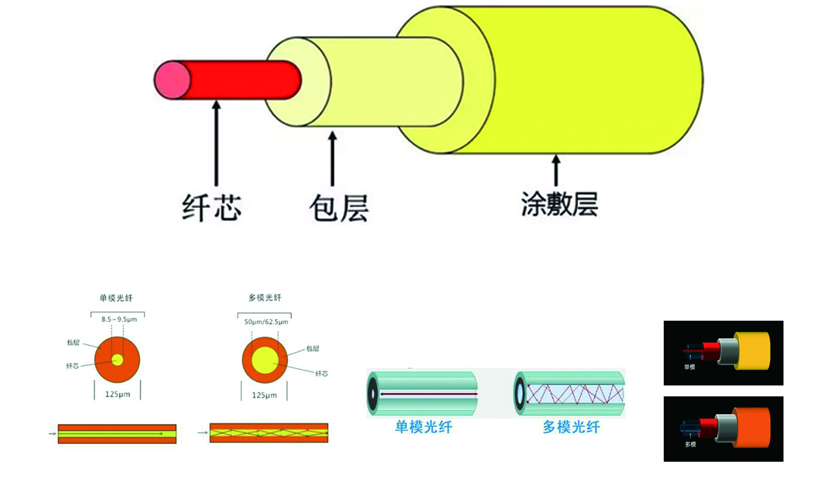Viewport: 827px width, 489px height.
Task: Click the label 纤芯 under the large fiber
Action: pyautogui.click(x=211, y=208)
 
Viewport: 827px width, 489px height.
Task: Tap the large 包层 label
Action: pyautogui.click(x=339, y=208)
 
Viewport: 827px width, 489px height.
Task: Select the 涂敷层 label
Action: pyautogui.click(x=560, y=204)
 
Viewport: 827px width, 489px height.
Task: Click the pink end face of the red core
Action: pyautogui.click(x=172, y=80)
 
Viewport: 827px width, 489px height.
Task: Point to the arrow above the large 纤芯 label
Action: pyautogui.click(x=216, y=143)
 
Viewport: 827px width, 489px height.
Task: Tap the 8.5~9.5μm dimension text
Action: pyautogui.click(x=119, y=319)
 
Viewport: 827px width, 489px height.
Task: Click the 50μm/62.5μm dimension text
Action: pyautogui.click(x=266, y=322)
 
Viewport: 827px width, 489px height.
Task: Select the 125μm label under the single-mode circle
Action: pyautogui.click(x=117, y=394)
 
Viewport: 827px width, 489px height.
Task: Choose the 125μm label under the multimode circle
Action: pyautogui.click(x=264, y=395)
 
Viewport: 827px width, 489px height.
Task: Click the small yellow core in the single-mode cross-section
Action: pyautogui.click(x=117, y=360)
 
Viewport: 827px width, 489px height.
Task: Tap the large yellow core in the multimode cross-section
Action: pyautogui.click(x=264, y=360)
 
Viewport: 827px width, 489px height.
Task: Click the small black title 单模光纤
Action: pyautogui.click(x=116, y=298)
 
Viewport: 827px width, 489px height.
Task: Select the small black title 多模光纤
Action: pyautogui.click(x=265, y=297)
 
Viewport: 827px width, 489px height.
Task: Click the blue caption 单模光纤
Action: pyautogui.click(x=423, y=427)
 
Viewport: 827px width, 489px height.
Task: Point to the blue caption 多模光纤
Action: pyautogui.click(x=571, y=427)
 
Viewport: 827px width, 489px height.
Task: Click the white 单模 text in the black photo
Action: pyautogui.click(x=689, y=367)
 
